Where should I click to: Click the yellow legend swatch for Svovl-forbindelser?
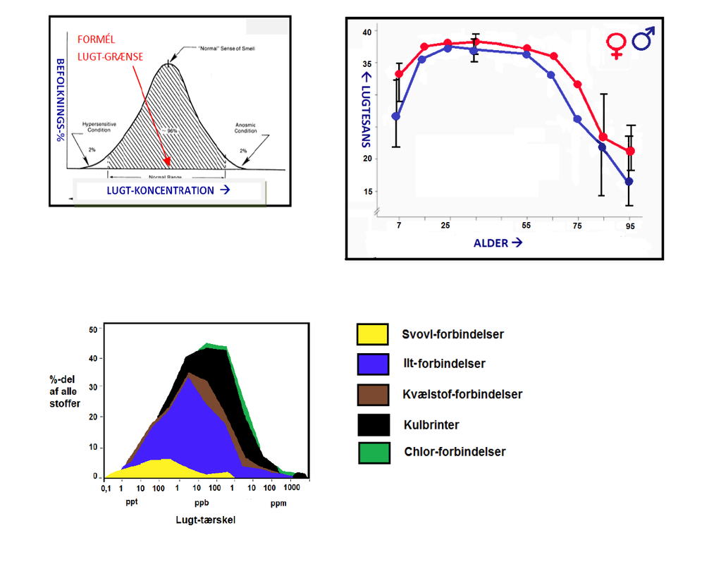[373, 334]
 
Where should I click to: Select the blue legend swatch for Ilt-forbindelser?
[373, 364]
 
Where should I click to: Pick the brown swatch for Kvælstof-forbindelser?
[373, 394]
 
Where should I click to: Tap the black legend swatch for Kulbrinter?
[373, 424]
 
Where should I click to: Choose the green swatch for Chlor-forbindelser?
[373, 452]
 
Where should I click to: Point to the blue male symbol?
[643, 39]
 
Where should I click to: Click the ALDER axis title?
[498, 243]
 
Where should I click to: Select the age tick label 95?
[629, 226]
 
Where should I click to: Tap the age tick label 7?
[398, 226]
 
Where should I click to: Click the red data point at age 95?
[630, 151]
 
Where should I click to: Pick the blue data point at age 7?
[396, 116]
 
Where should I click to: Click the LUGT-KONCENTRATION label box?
[169, 190]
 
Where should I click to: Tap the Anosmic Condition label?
[245, 128]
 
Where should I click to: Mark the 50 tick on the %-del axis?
[93, 330]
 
